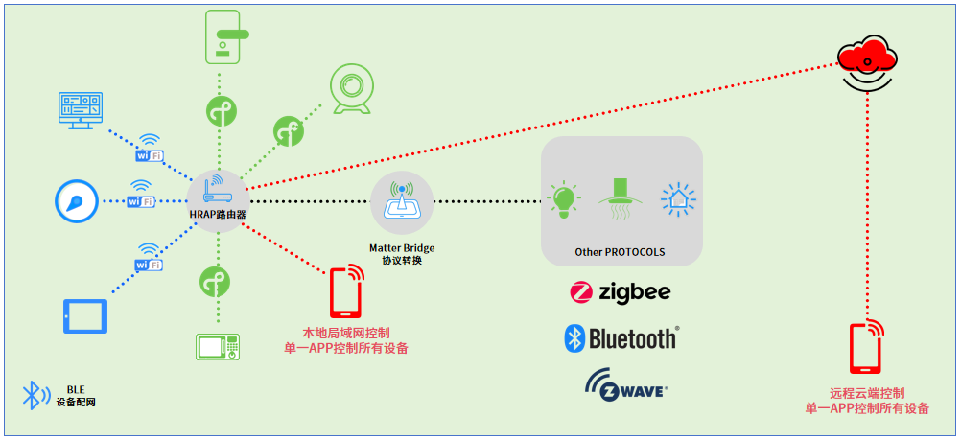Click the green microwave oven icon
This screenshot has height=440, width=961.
[x=218, y=346]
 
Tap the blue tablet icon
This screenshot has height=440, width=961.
[x=84, y=315]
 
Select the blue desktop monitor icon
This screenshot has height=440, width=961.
[x=80, y=108]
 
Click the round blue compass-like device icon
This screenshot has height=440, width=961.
[x=75, y=201]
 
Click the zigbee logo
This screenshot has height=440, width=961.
[x=620, y=291]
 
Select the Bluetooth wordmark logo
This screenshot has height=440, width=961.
[x=621, y=337]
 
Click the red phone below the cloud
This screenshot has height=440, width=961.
[x=865, y=348]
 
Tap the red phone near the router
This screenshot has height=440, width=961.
[x=346, y=291]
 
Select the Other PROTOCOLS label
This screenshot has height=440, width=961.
[x=620, y=252]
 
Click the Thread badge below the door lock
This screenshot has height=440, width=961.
[x=220, y=112]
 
